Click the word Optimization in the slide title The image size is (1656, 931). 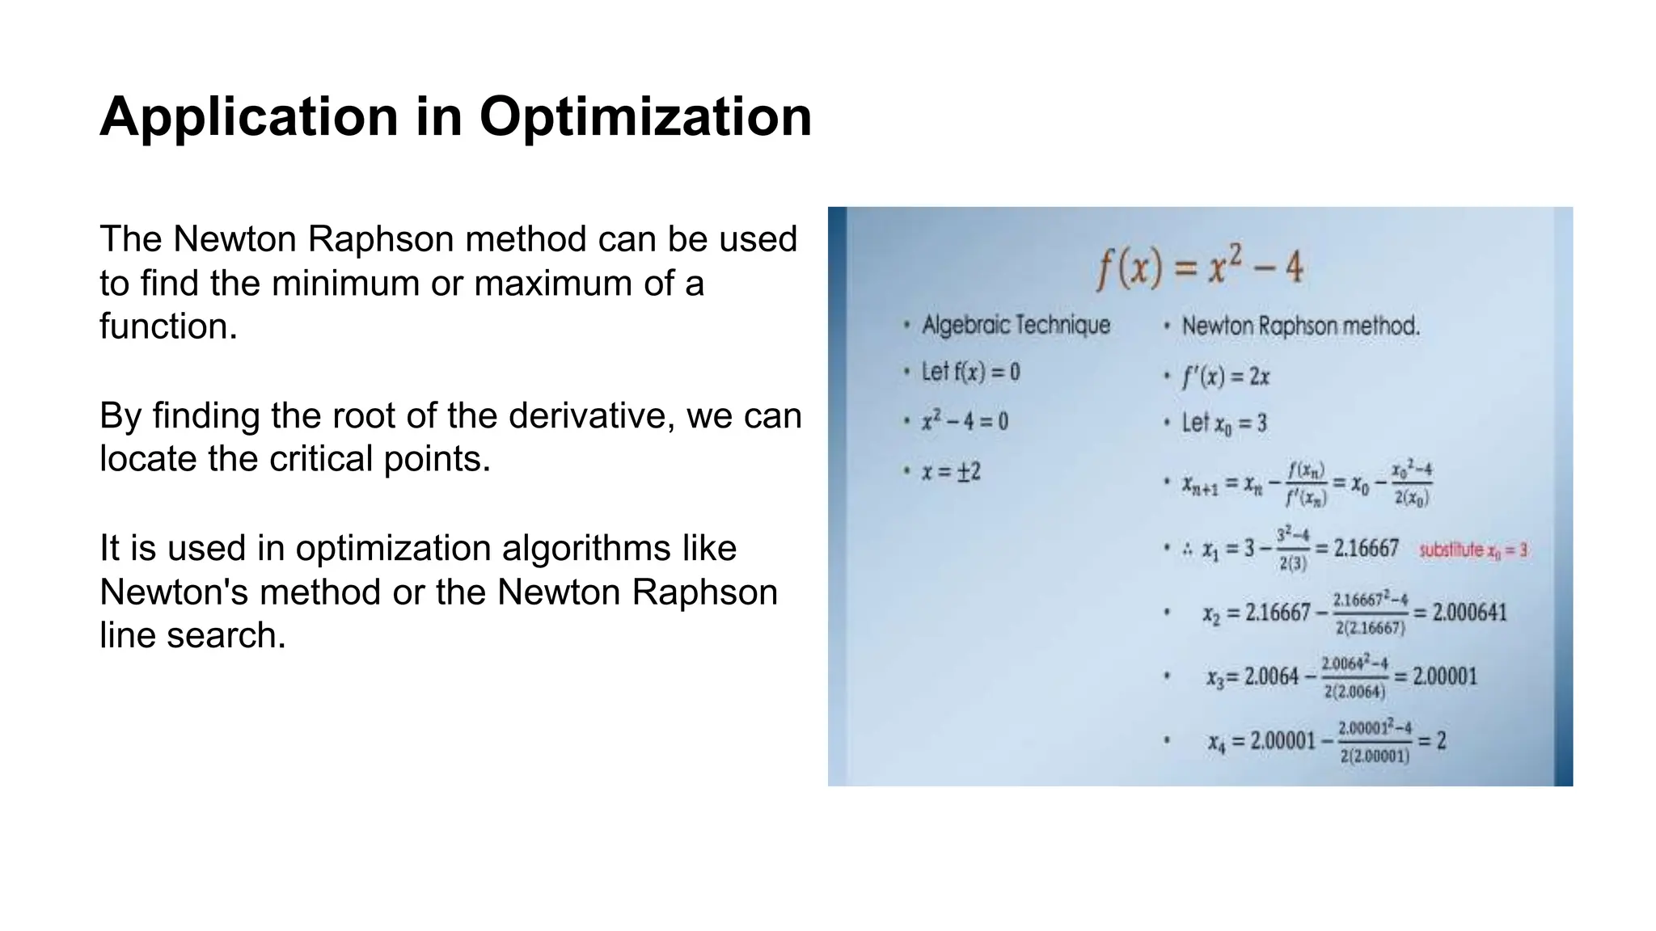(x=645, y=117)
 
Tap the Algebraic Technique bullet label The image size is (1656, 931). (x=1016, y=325)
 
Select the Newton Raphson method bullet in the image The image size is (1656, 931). (x=1300, y=326)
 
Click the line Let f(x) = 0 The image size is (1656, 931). (x=970, y=372)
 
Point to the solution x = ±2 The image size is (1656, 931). (x=951, y=471)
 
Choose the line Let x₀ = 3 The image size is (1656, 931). (x=1224, y=423)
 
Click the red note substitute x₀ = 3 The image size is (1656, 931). (x=1473, y=550)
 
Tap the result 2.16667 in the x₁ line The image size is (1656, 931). (x=1366, y=549)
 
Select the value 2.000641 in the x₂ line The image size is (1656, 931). (x=1469, y=613)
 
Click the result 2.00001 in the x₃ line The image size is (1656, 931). (x=1444, y=676)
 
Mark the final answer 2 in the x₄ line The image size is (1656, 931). (x=1441, y=740)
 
